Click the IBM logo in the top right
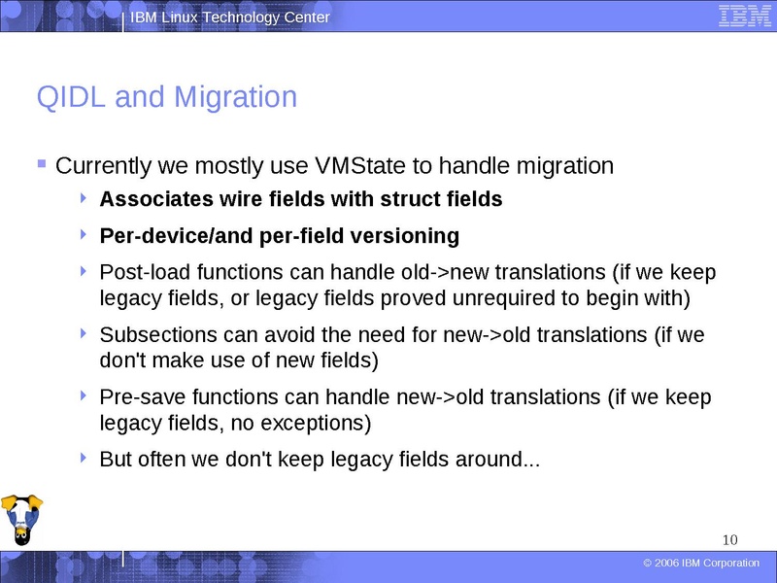(745, 17)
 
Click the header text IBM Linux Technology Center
(230, 17)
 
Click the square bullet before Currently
(41, 164)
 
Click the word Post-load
(140, 272)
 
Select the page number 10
(730, 539)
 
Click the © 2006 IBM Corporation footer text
(701, 564)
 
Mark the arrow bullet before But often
(86, 459)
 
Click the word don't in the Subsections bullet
(122, 360)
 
